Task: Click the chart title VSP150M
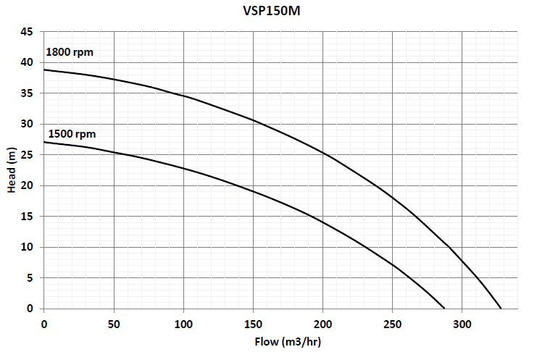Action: [268, 11]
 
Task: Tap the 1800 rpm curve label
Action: [70, 52]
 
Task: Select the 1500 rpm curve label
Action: [72, 134]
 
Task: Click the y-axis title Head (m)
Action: [12, 169]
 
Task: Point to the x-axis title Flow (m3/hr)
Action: [288, 340]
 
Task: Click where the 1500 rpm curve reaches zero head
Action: [444, 309]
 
